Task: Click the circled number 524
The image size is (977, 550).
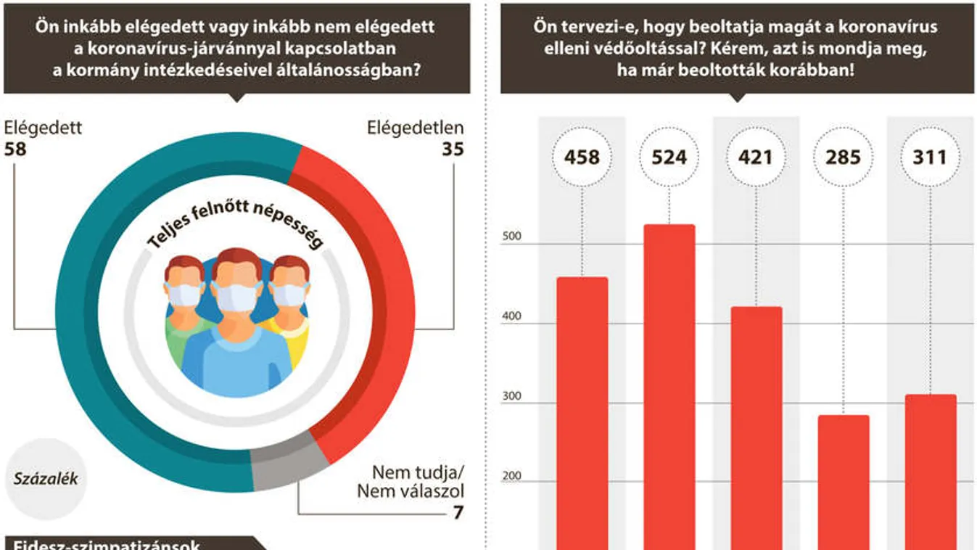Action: pos(669,157)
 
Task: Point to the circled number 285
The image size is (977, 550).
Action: pos(843,157)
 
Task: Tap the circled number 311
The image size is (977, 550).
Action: pos(930,157)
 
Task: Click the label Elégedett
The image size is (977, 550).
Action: pos(43,128)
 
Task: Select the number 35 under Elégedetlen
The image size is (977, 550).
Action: pos(452,149)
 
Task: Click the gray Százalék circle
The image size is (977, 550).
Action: pos(45,479)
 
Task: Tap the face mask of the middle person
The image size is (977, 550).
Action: pos(236,298)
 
